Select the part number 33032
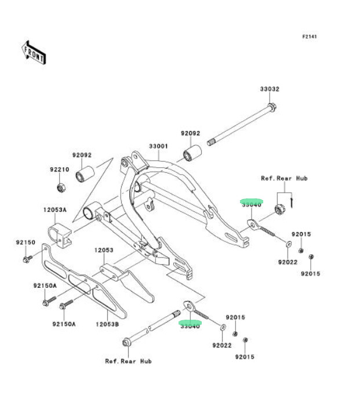(269, 89)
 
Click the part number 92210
(59, 170)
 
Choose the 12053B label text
(107, 324)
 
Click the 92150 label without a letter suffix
(26, 242)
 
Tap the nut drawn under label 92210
(60, 187)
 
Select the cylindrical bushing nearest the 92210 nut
(86, 174)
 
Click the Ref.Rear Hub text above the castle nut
(284, 178)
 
